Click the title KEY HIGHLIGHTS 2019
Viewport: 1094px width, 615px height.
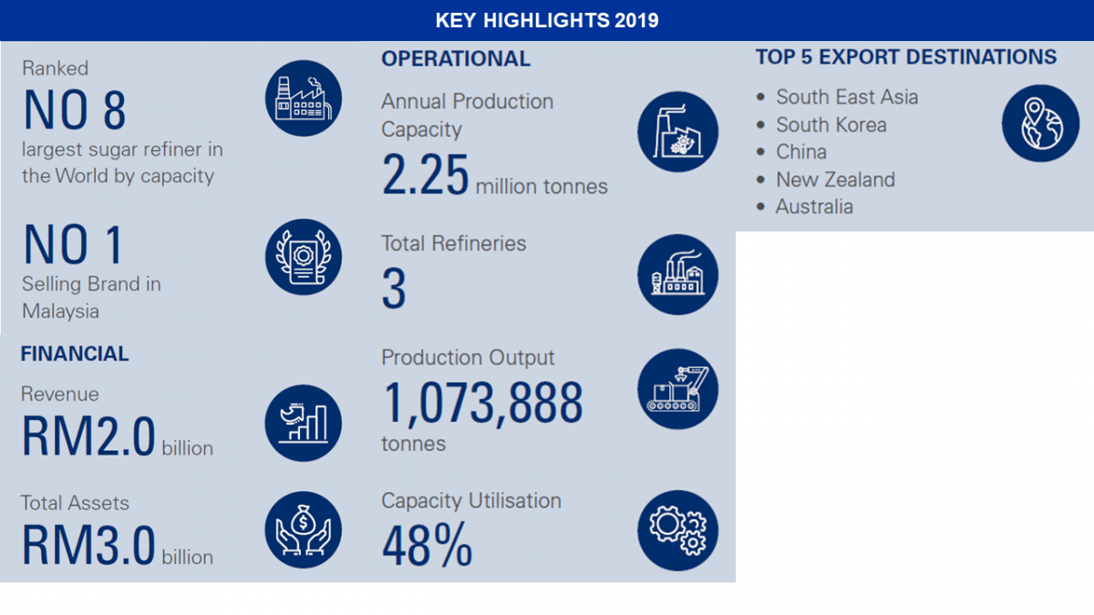[x=547, y=20]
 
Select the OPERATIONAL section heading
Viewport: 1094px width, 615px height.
[x=456, y=59]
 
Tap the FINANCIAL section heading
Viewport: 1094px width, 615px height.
[x=75, y=354]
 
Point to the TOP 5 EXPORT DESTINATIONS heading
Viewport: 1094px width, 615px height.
[x=906, y=57]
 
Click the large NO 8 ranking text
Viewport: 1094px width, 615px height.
[x=75, y=110]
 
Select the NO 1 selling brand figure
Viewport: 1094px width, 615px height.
[x=73, y=244]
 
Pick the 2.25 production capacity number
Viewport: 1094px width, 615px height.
[x=425, y=174]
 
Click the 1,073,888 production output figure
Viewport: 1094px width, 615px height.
[x=482, y=403]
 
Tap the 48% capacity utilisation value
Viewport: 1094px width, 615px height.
[x=428, y=545]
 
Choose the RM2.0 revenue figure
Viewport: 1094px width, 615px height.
[x=88, y=436]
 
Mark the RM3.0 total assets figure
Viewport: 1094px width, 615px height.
[x=88, y=545]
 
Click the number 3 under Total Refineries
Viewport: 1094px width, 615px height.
[x=394, y=289]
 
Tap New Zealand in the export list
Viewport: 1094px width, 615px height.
[x=835, y=179]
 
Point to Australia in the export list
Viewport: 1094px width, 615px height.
[x=814, y=207]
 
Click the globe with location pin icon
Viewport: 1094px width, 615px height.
[x=1041, y=124]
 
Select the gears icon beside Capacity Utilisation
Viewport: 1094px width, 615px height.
[x=678, y=530]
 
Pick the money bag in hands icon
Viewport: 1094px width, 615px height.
[x=304, y=530]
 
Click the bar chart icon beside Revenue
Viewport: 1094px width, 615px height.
[x=304, y=423]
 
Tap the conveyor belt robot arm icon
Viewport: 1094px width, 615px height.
[x=678, y=389]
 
